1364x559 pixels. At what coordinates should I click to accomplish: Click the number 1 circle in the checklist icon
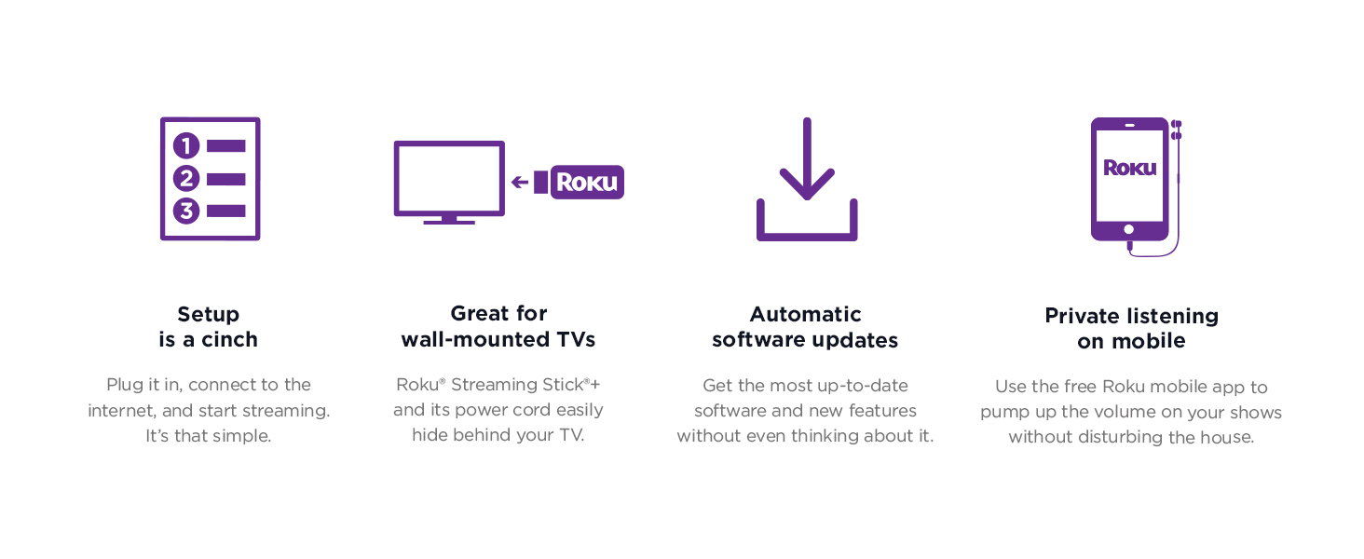[186, 145]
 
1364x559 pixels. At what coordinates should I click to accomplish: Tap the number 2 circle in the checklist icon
[186, 178]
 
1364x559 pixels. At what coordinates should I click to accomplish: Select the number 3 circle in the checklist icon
[186, 211]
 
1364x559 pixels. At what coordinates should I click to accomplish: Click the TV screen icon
[449, 178]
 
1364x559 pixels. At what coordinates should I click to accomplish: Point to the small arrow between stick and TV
[519, 182]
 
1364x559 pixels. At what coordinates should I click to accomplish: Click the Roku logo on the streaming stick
[587, 183]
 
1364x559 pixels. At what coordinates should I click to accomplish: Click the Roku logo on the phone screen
[1129, 168]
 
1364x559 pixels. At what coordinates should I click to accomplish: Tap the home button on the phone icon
[1129, 229]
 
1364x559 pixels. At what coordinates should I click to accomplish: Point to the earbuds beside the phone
[1177, 130]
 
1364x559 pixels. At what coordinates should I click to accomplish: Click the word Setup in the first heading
[208, 314]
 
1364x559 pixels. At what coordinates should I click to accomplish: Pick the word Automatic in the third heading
[805, 314]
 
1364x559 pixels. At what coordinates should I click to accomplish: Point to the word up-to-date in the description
[857, 385]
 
